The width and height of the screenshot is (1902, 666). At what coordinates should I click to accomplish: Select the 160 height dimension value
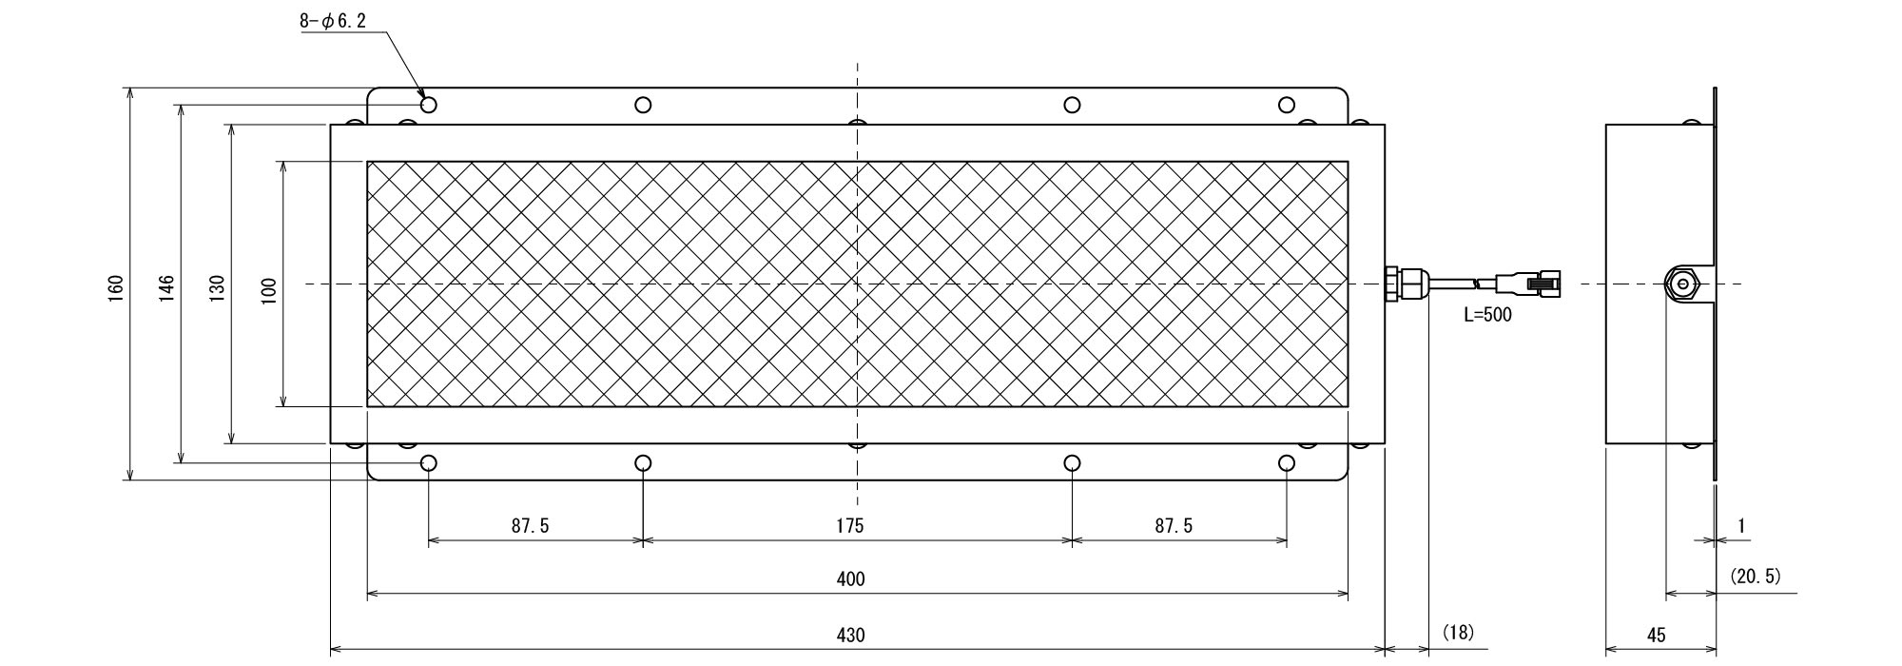tap(116, 285)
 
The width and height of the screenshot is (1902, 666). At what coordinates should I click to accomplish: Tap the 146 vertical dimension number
tap(167, 285)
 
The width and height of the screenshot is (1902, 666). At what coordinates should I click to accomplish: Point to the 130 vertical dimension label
tap(218, 285)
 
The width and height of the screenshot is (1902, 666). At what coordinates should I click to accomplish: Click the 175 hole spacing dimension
tap(850, 525)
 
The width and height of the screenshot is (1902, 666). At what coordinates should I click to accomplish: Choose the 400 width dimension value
tap(852, 578)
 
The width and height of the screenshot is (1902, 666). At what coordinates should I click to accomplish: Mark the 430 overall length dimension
tap(852, 634)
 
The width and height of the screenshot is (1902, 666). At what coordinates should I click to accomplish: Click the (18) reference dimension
tap(1457, 632)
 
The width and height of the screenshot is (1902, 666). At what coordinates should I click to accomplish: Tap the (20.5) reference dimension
tap(1756, 576)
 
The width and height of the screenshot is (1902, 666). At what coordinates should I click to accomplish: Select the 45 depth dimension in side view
tap(1656, 634)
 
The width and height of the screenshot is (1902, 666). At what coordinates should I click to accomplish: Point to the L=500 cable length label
tap(1487, 315)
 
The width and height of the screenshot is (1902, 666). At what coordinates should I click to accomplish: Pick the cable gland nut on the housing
tap(1406, 284)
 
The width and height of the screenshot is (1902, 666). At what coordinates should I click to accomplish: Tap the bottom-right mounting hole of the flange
tap(1287, 463)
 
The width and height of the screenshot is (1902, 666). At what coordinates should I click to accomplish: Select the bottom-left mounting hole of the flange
tap(429, 463)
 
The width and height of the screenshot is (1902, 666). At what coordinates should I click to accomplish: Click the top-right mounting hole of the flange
tap(1287, 105)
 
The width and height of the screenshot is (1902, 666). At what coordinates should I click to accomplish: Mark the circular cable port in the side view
tap(1683, 284)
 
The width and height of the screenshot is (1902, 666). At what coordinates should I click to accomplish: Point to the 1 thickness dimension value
tap(1741, 525)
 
